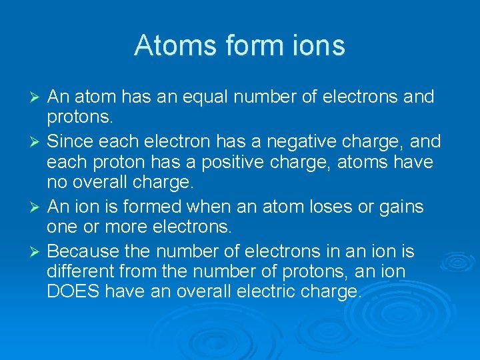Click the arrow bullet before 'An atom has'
coord(37,97)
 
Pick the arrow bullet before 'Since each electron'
coord(37,141)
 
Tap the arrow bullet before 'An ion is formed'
coord(37,207)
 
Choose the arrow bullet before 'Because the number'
coord(37,251)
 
